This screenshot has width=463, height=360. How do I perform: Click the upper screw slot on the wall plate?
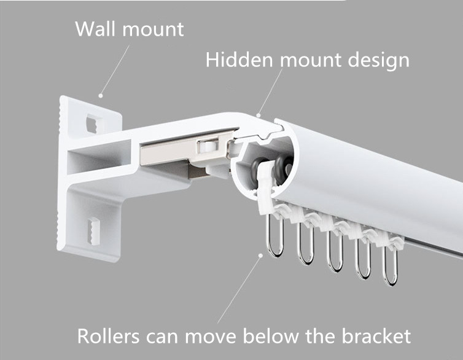[x=94, y=122]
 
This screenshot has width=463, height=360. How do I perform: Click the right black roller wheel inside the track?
[x=284, y=167]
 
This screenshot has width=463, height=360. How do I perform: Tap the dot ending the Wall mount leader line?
[x=101, y=95]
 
